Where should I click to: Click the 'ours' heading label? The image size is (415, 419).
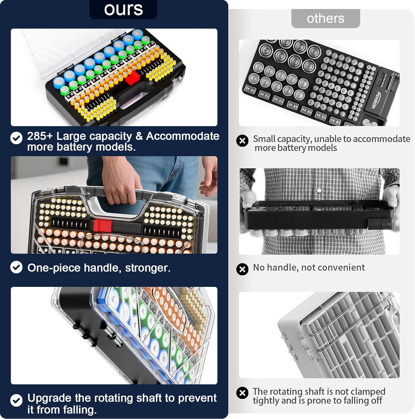click(x=123, y=9)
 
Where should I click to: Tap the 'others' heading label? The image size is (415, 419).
click(x=325, y=18)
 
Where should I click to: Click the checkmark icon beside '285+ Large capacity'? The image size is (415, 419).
click(x=16, y=138)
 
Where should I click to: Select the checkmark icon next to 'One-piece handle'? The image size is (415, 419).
click(x=16, y=267)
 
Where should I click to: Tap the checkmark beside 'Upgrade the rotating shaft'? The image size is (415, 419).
click(x=16, y=400)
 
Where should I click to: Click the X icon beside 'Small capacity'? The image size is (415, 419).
click(x=242, y=141)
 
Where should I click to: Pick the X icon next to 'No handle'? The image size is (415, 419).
click(x=242, y=269)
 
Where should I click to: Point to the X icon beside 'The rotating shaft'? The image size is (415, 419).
click(x=242, y=393)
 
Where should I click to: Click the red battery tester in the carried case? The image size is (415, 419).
click(x=102, y=225)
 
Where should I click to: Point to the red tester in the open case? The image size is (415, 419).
click(x=133, y=77)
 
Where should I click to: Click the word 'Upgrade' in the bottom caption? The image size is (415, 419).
click(x=49, y=398)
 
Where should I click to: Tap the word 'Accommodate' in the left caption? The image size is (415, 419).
click(x=183, y=136)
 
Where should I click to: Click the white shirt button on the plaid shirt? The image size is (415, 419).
click(x=319, y=191)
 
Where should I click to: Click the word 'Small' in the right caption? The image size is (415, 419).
click(x=264, y=139)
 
